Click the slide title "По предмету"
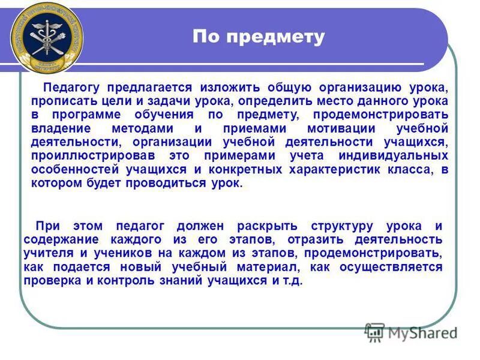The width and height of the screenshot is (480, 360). pos(258,37)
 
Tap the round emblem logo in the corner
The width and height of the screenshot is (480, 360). pos(47,37)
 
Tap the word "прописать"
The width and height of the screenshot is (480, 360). pos(61,101)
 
